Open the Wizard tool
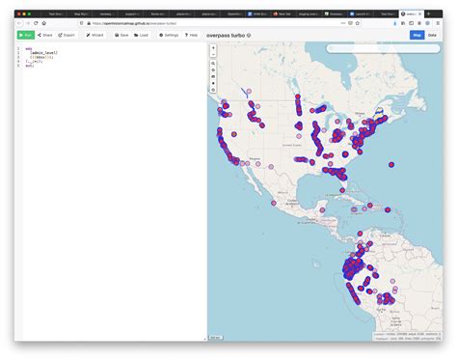[95, 35]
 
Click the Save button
[122, 35]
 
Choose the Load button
[142, 35]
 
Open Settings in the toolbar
[168, 35]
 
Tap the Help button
[192, 35]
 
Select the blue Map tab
[417, 35]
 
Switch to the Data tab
[432, 35]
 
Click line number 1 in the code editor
[18, 47]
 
